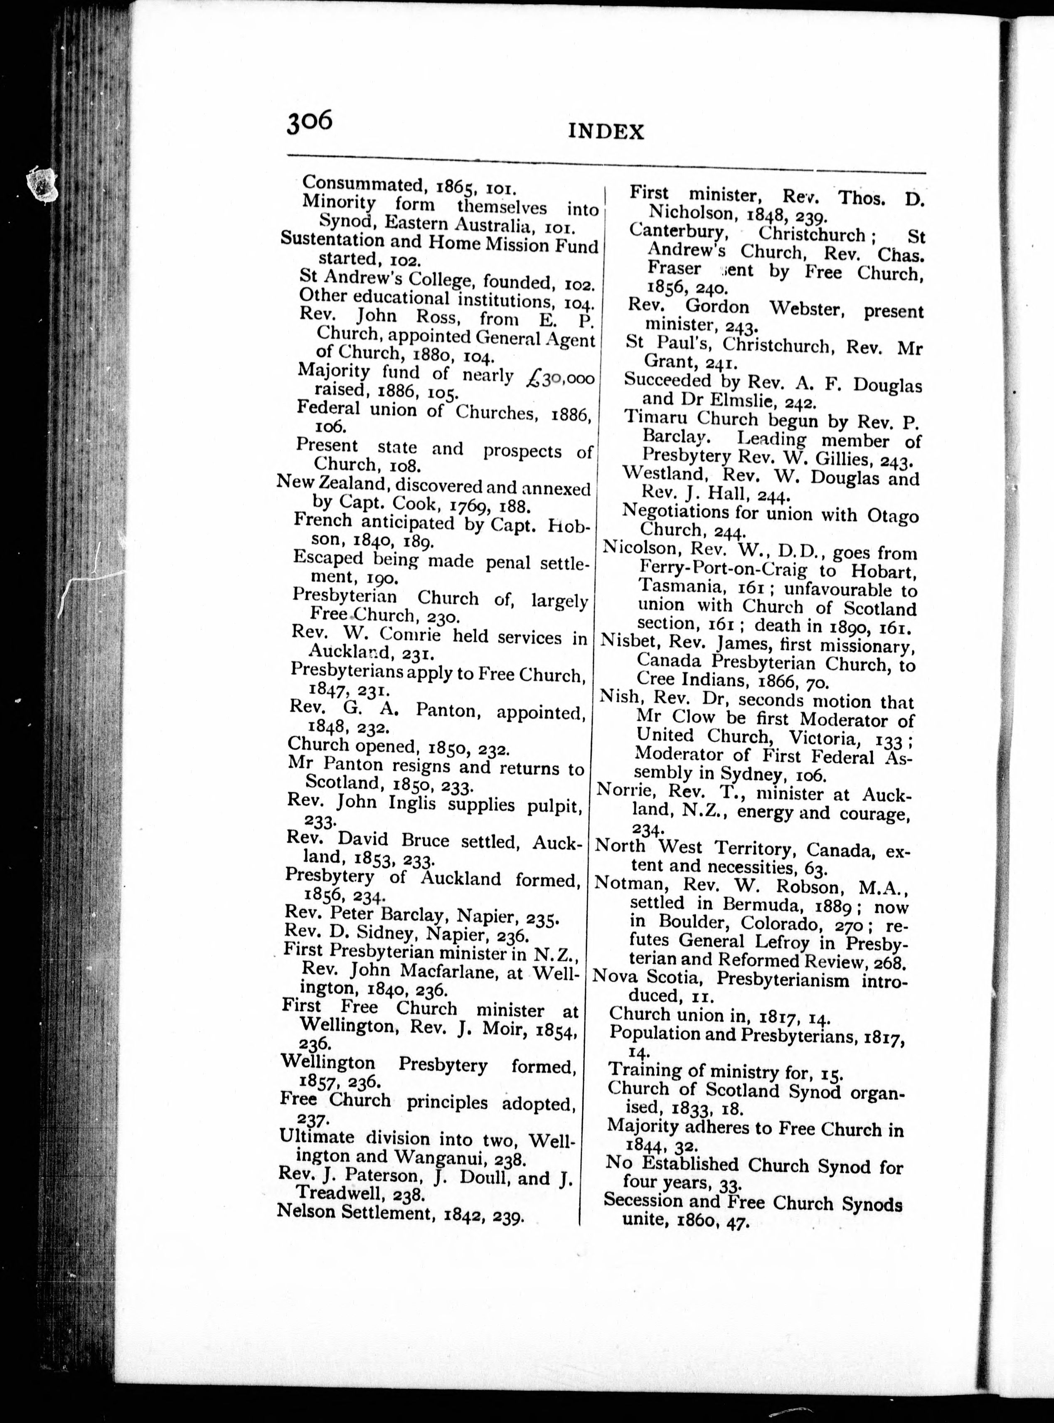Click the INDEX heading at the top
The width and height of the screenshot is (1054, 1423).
[x=606, y=131]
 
